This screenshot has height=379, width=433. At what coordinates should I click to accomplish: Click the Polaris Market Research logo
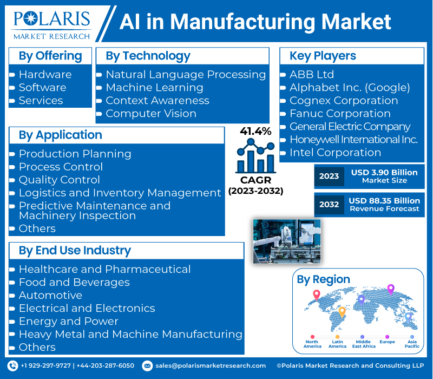[51, 25]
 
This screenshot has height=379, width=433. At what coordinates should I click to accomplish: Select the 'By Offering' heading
[50, 56]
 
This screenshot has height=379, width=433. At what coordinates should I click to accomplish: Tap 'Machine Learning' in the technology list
[155, 88]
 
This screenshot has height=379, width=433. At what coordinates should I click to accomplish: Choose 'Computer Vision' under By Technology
[151, 114]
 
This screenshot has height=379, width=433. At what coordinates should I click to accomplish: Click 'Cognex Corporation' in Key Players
[344, 101]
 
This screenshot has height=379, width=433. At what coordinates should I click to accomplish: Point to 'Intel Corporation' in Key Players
[335, 153]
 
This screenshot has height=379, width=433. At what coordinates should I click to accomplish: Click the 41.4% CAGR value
[255, 131]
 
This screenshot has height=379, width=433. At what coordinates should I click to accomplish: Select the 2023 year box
[329, 177]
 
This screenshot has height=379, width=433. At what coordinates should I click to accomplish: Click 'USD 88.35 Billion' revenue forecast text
[384, 201]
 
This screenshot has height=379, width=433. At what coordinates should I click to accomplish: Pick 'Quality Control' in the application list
[60, 180]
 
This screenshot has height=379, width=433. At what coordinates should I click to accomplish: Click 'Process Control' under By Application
[61, 167]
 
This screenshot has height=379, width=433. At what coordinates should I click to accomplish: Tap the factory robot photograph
[287, 241]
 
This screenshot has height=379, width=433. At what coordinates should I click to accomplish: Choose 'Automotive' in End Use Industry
[50, 295]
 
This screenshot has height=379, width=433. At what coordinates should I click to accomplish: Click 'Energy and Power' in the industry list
[69, 321]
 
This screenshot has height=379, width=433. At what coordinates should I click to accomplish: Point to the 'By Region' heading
[323, 279]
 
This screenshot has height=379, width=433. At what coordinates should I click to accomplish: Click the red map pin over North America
[317, 295]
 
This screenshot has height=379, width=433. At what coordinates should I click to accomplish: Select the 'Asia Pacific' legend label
[412, 344]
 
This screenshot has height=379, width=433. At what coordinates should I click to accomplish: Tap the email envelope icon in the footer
[147, 366]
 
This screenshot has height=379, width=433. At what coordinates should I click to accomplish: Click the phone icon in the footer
[12, 366]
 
